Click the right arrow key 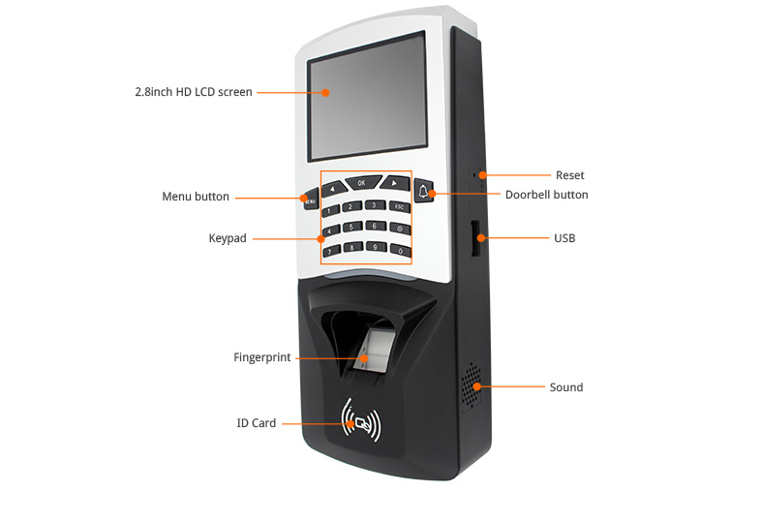pos(393,181)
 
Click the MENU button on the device pos(309,200)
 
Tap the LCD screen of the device pos(366,98)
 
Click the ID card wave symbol pos(362,421)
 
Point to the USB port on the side pos(476,237)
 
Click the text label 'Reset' pos(569,175)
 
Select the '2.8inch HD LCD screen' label pos(194,92)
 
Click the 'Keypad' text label pos(228,238)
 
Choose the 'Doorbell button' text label pos(546,195)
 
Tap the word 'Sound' pos(566,387)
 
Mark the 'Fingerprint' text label pos(261,357)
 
